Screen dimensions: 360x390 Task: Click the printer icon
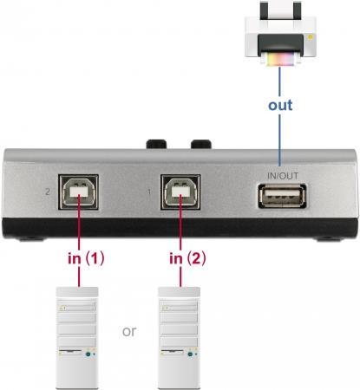[x=280, y=32]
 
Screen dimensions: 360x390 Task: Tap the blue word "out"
[x=280, y=105]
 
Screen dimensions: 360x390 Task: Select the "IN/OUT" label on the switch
[x=283, y=176]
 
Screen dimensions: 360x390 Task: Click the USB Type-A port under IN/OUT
[x=282, y=197]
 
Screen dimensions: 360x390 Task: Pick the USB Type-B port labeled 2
[x=79, y=192]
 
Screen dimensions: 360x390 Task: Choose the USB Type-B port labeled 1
[x=180, y=192]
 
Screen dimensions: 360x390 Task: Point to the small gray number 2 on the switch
[x=48, y=192]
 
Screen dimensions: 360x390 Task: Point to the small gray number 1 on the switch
[x=149, y=192]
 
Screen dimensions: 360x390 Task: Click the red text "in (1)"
[x=86, y=258]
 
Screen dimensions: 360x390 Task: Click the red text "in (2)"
[x=187, y=258]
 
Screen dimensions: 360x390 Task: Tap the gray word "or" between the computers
[x=129, y=331]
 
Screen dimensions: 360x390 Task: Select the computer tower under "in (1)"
[x=76, y=338]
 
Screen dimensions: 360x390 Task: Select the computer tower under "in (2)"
[x=179, y=338]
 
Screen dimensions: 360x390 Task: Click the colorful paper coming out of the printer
[x=280, y=59]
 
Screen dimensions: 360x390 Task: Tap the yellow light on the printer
[x=311, y=37]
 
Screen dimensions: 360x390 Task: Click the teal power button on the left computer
[x=88, y=354]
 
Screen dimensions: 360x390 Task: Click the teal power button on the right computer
[x=190, y=354]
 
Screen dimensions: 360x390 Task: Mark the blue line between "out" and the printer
[x=279, y=81]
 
